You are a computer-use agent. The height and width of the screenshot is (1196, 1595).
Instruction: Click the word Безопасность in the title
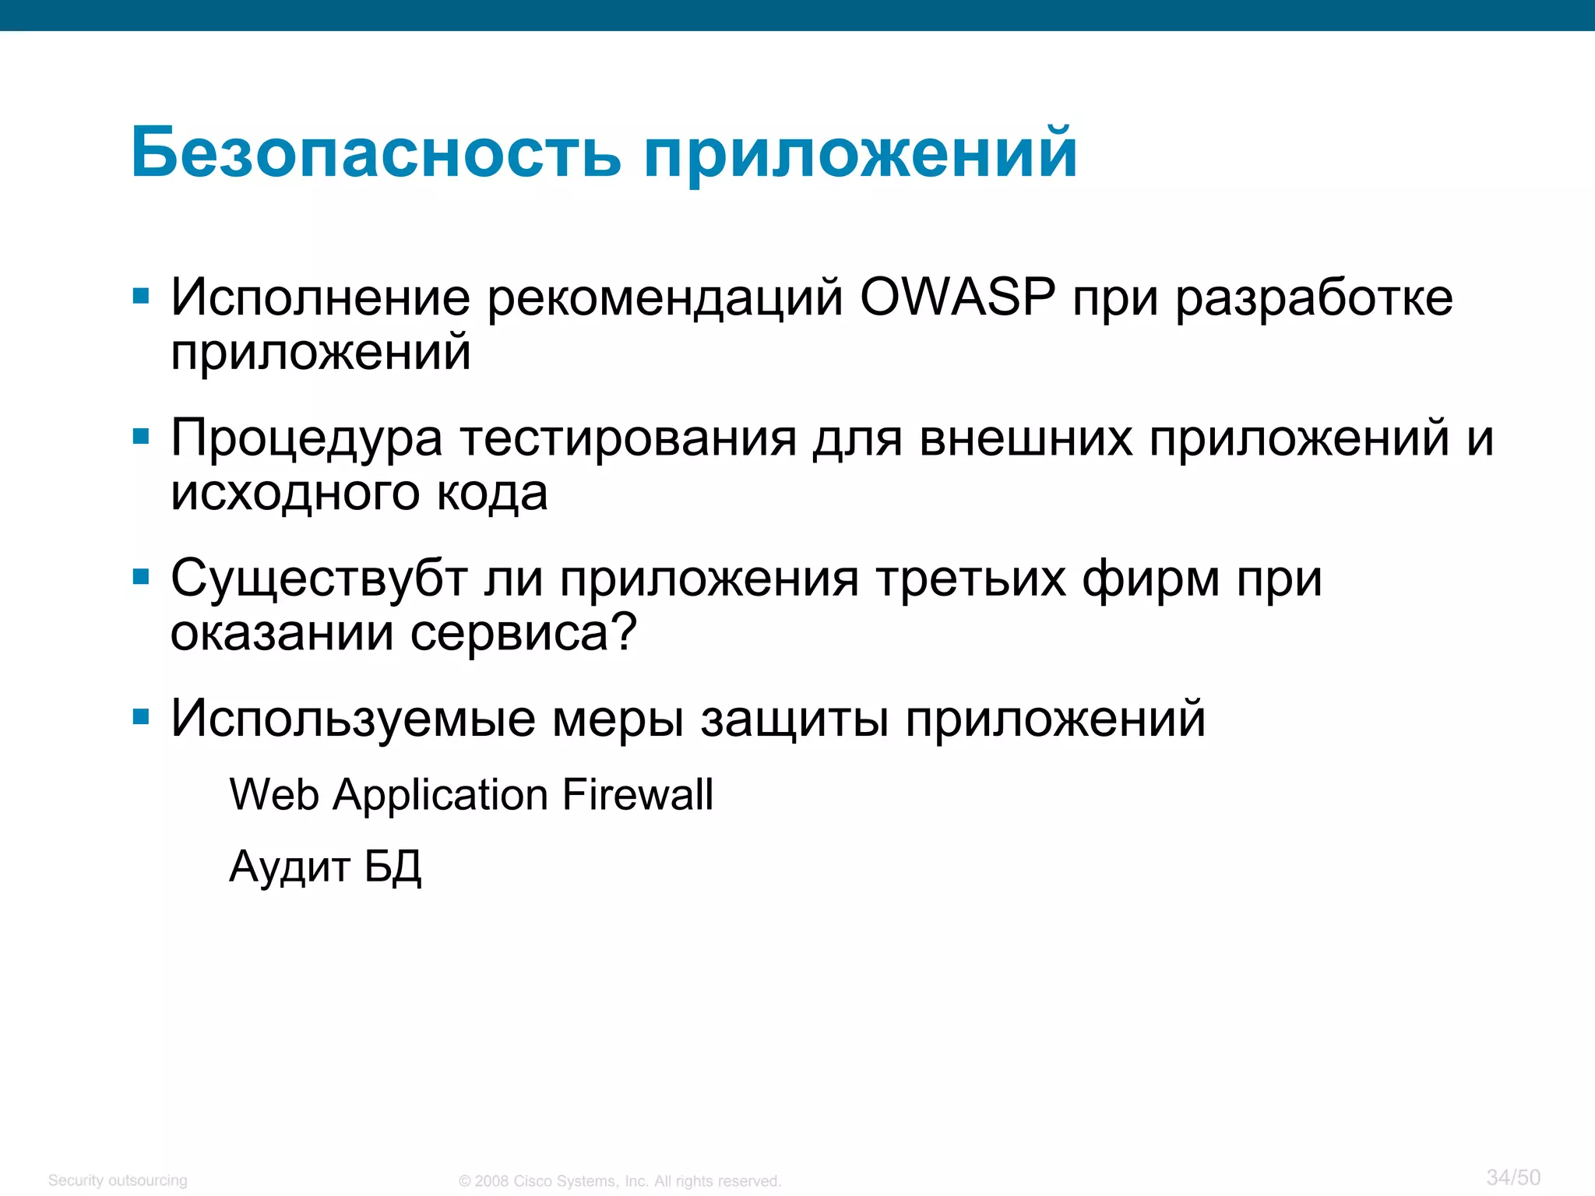click(x=376, y=153)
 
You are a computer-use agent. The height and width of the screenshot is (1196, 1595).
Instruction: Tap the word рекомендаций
click(x=665, y=299)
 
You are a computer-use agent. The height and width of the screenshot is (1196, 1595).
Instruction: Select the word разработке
click(x=1314, y=299)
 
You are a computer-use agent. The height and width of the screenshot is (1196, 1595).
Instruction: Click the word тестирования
click(x=628, y=439)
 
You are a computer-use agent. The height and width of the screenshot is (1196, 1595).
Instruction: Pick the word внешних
click(x=1026, y=438)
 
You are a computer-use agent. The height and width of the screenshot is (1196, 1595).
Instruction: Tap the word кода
click(x=491, y=494)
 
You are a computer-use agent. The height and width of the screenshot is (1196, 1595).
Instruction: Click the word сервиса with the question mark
click(x=523, y=632)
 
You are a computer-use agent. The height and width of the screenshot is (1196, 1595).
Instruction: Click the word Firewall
click(x=637, y=795)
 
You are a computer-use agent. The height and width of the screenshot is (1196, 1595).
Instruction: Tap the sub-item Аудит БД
click(x=326, y=867)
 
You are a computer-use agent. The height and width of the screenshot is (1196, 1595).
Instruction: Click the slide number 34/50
click(x=1513, y=1177)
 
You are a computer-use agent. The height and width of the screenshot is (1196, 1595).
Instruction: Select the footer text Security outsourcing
click(x=118, y=1180)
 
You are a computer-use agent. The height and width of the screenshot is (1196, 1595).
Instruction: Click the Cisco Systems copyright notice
click(x=619, y=1181)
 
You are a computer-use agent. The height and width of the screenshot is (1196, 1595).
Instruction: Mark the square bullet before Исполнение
click(x=141, y=296)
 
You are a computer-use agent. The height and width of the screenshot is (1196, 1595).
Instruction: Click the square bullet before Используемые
click(x=141, y=716)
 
